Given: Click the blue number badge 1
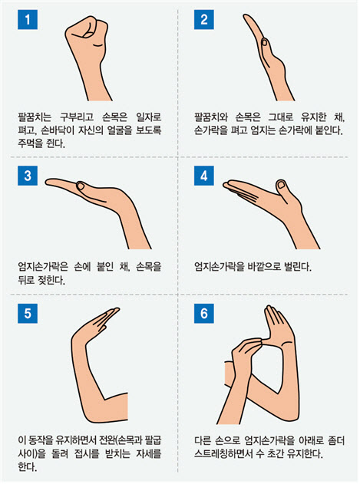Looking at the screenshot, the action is point(28,20).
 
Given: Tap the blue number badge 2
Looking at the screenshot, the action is point(204,20).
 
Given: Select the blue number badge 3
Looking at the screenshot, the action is point(28,176).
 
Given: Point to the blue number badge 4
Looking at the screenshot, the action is point(204,176).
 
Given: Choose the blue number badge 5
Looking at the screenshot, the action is point(28,313).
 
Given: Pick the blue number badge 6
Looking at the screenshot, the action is point(204,313).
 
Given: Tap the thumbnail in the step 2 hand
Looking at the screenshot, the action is point(264,42).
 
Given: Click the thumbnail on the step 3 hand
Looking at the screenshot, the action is point(81,186).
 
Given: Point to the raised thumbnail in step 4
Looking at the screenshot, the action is point(281,184).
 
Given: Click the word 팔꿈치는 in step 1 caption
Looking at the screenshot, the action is point(35,117).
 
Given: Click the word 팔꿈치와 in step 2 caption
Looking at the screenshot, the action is point(211,117).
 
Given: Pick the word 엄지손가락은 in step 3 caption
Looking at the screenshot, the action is point(43,266).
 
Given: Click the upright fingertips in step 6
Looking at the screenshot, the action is point(272,310).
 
